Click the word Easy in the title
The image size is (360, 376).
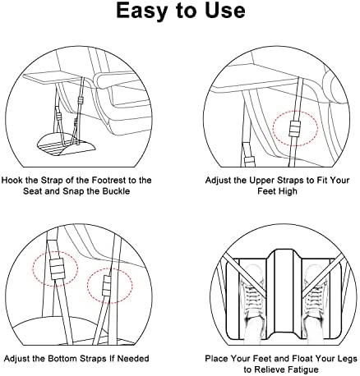(141, 11)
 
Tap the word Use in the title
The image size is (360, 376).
(224, 11)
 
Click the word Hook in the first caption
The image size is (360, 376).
(12, 181)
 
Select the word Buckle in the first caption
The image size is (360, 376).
(116, 191)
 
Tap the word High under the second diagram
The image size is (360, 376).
(287, 191)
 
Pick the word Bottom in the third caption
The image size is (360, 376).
(62, 358)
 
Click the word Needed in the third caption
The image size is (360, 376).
(133, 358)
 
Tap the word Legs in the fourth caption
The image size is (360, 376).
(347, 359)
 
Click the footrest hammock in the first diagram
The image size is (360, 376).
(67, 144)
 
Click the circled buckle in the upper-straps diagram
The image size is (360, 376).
(295, 128)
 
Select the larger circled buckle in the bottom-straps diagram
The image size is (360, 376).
(57, 268)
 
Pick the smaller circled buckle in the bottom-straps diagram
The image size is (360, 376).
(107, 286)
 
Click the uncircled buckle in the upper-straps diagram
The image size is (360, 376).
(250, 161)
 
